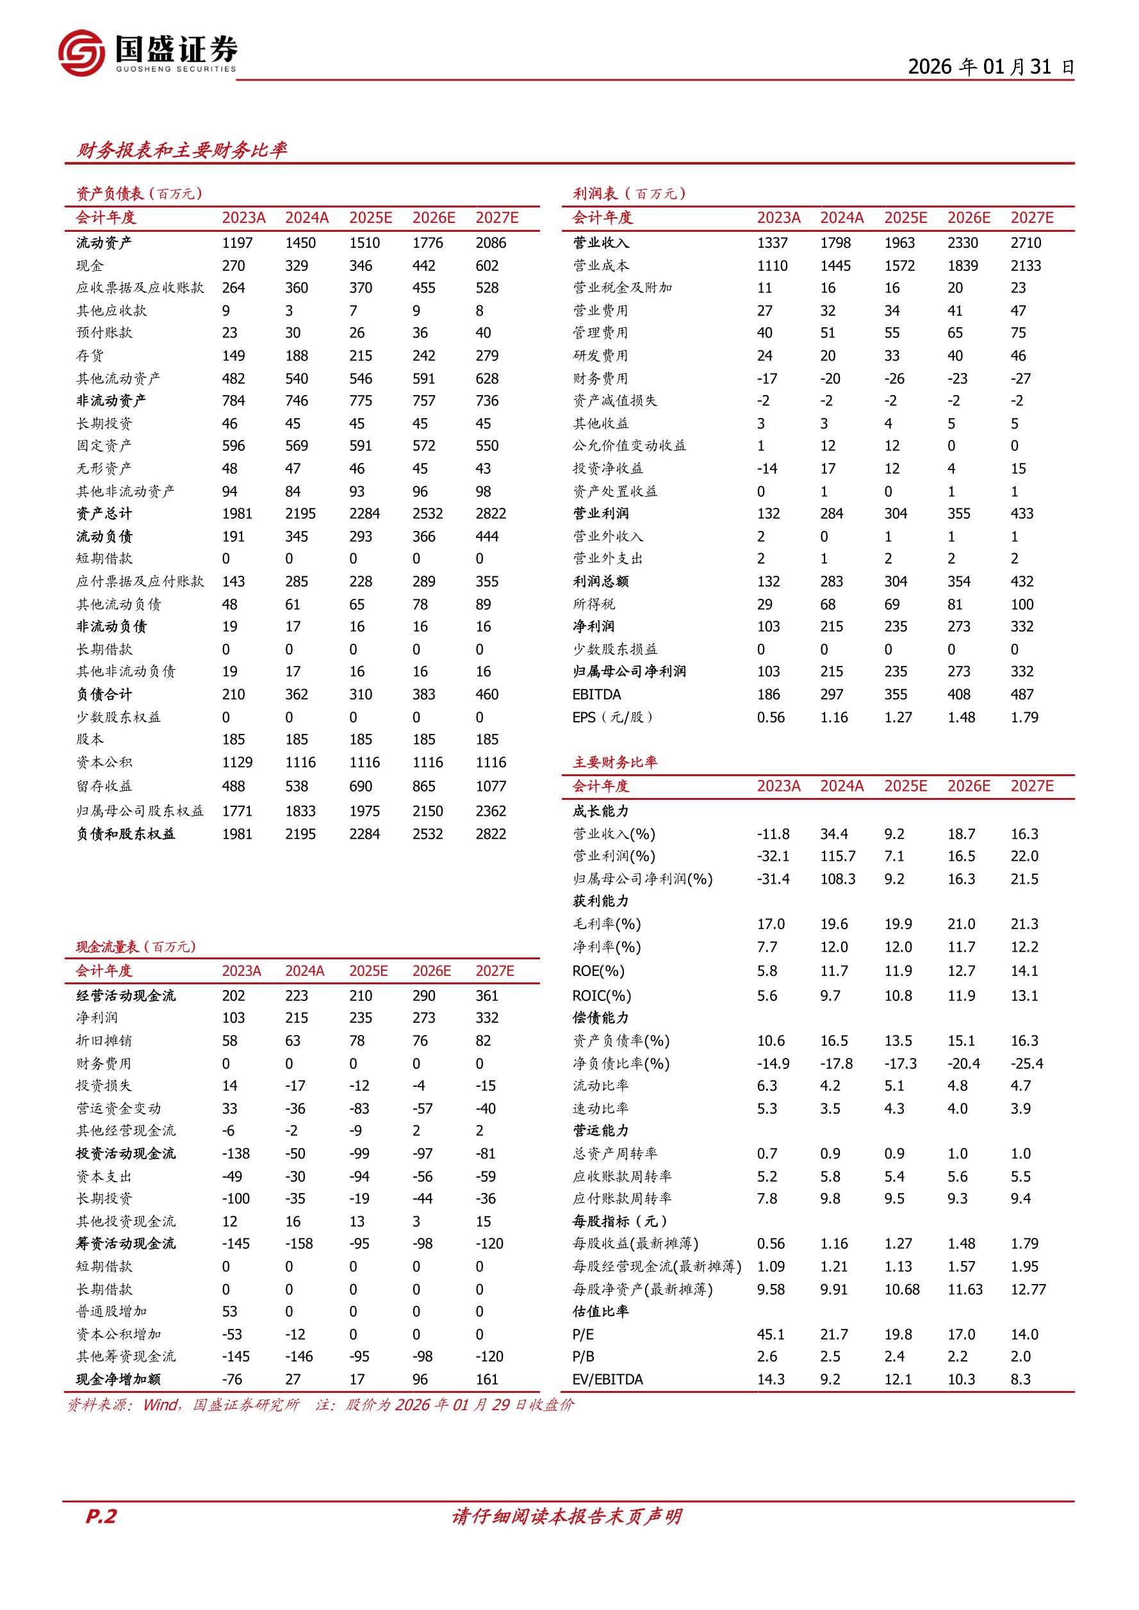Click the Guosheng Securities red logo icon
pyautogui.click(x=81, y=53)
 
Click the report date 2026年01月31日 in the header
pyautogui.click(x=990, y=67)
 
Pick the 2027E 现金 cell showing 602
pyautogui.click(x=487, y=266)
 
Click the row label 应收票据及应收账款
pyautogui.click(x=140, y=288)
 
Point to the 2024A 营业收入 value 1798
pyautogui.click(x=835, y=243)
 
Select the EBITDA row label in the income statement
pyautogui.click(x=597, y=694)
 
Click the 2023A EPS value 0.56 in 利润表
pyautogui.click(x=771, y=717)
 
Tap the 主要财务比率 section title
pyautogui.click(x=615, y=762)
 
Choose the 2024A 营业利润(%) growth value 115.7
pyautogui.click(x=838, y=856)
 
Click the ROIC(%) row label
pyautogui.click(x=602, y=996)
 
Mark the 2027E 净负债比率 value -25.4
pyautogui.click(x=1027, y=1064)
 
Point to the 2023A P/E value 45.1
pyautogui.click(x=771, y=1335)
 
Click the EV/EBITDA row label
pyautogui.click(x=607, y=1379)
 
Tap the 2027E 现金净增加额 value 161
pyautogui.click(x=487, y=1379)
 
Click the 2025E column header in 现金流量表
pyautogui.click(x=369, y=972)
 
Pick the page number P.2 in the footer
pyautogui.click(x=101, y=1516)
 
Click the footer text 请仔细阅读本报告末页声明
pyautogui.click(x=567, y=1516)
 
